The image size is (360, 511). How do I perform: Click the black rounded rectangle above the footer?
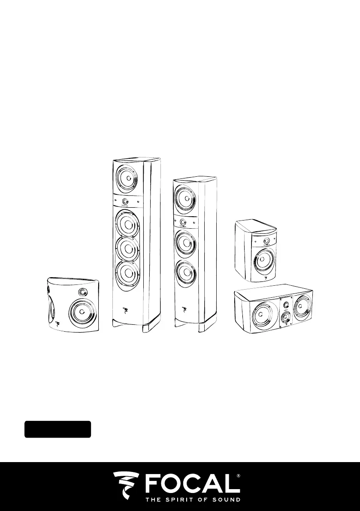[x=57, y=429]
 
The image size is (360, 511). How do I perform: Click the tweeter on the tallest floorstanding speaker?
[x=125, y=201]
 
